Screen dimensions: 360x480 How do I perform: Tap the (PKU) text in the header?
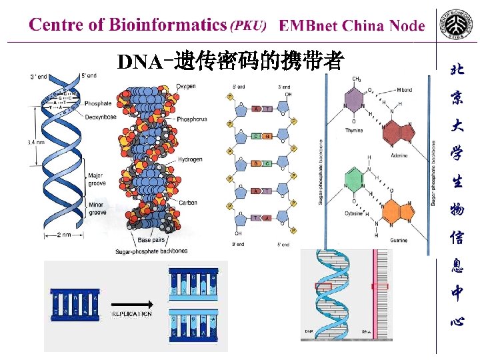248,26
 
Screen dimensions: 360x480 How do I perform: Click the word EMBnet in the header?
307,26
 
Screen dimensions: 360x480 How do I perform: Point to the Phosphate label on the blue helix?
98,103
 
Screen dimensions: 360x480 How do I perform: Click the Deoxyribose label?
100,117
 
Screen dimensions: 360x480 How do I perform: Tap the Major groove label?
97,179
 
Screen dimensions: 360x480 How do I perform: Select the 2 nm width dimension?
64,235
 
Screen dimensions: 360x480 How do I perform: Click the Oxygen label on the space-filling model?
186,86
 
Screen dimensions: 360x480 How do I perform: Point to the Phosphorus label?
192,119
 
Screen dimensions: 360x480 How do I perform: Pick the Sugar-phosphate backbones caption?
151,251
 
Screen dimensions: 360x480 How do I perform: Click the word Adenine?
400,155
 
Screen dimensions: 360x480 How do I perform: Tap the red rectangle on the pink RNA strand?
379,286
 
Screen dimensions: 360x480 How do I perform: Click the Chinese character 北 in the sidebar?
457,69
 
